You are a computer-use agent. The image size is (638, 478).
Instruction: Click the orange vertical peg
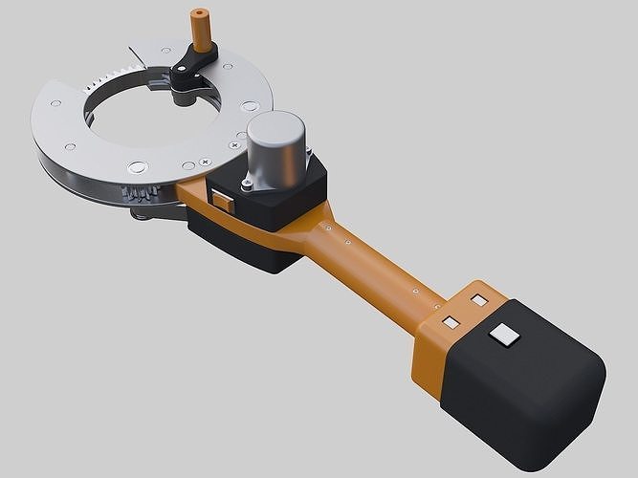coord(202,33)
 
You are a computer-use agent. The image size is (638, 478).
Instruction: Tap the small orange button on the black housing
coord(223,201)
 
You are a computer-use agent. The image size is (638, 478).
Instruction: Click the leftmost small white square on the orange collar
coord(446,320)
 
